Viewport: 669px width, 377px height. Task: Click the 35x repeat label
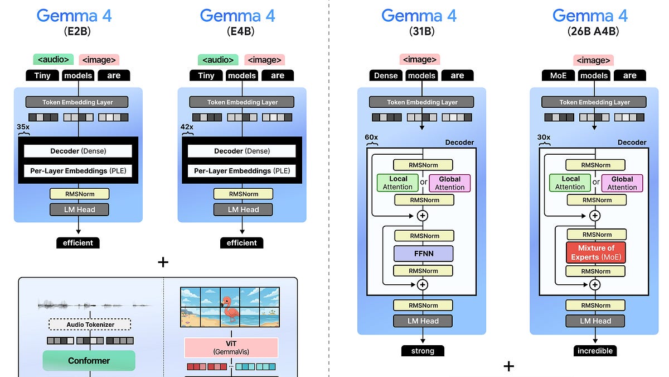tap(23, 127)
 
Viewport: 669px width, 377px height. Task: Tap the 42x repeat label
tap(186, 127)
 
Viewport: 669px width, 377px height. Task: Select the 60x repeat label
tap(371, 137)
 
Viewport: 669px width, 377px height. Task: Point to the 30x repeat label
tap(544, 137)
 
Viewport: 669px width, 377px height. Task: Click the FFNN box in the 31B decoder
tap(423, 253)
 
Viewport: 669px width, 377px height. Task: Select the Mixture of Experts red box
tap(595, 252)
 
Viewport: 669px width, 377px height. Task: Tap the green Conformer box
tap(89, 360)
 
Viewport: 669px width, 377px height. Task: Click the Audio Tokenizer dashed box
tap(90, 324)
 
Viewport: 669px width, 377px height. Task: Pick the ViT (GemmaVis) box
tap(231, 347)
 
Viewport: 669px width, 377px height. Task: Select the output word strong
tap(423, 351)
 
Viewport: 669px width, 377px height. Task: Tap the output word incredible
tap(595, 351)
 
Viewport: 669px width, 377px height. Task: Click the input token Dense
tap(386, 75)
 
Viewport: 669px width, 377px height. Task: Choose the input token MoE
tap(558, 75)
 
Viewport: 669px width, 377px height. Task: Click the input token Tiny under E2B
tap(42, 75)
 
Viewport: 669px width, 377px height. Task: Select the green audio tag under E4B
tap(217, 60)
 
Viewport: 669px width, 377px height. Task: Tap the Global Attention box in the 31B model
tap(449, 183)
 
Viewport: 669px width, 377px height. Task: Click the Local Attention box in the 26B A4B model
tap(570, 183)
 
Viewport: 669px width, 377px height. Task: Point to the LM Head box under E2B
tap(79, 209)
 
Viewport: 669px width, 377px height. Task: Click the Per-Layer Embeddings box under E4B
tap(243, 171)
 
